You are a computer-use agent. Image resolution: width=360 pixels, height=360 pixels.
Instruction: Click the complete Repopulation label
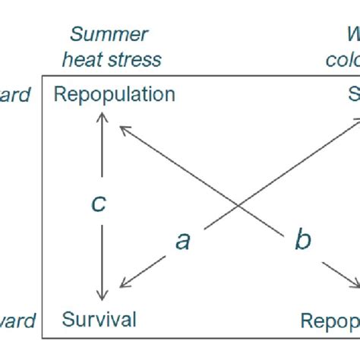115,94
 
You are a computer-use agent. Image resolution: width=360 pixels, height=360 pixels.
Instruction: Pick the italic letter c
99,204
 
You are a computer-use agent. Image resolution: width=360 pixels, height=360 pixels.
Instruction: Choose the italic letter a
182,241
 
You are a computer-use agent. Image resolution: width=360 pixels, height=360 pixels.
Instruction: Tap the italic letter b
302,241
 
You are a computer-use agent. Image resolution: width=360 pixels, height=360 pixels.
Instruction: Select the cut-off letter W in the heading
352,35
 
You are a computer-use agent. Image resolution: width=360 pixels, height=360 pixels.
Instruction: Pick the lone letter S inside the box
353,94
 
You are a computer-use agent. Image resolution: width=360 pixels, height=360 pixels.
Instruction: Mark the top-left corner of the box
42,76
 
